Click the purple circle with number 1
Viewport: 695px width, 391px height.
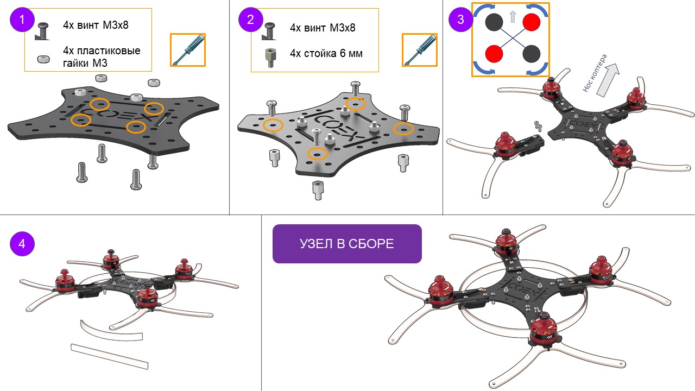(22, 20)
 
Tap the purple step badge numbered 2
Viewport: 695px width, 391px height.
(251, 20)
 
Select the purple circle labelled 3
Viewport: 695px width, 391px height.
(461, 20)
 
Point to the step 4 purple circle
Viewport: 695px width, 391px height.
(22, 244)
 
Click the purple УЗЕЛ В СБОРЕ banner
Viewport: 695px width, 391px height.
(347, 244)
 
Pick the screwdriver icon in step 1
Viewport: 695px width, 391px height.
(188, 50)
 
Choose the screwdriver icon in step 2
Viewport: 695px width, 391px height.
(420, 50)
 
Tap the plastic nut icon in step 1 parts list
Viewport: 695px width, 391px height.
(43, 59)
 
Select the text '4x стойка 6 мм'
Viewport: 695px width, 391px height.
(326, 53)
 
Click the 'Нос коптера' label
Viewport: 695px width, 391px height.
(594, 73)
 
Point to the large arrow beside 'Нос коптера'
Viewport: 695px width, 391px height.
(608, 80)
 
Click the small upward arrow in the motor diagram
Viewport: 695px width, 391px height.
(513, 17)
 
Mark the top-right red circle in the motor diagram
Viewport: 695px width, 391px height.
(531, 22)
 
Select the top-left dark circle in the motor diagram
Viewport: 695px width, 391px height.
(494, 22)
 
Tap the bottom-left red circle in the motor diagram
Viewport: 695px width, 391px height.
(494, 54)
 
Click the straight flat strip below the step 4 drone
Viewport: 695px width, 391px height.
(110, 356)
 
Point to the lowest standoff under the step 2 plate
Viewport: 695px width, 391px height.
(318, 190)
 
